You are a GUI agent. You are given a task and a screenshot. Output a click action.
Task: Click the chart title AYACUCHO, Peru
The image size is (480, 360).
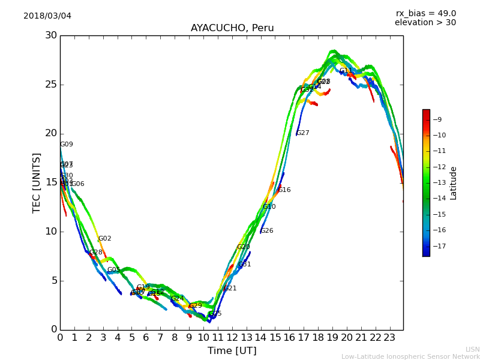click(x=232, y=28)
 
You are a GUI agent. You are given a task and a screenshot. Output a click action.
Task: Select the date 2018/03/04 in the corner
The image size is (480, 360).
click(x=47, y=16)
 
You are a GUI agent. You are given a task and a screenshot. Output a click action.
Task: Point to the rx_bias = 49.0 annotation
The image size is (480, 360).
click(x=425, y=13)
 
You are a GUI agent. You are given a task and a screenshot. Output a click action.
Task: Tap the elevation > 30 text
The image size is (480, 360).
click(x=425, y=23)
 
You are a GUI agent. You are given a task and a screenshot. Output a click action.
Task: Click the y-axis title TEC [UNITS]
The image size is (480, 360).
click(x=37, y=182)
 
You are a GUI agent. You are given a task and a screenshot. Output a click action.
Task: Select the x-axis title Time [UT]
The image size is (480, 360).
click(x=232, y=350)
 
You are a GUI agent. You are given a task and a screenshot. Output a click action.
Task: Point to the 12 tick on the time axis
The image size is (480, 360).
click(x=232, y=337)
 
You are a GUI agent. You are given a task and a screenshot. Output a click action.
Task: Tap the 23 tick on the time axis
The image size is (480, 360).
click(x=389, y=337)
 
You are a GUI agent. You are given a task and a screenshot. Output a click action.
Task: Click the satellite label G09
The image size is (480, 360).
click(x=67, y=145)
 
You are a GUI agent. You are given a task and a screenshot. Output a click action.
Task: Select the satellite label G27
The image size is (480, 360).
click(x=303, y=133)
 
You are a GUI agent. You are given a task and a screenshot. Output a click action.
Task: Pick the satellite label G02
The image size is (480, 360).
click(x=105, y=239)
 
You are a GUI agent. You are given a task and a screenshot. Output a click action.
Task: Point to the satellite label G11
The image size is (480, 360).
click(x=346, y=71)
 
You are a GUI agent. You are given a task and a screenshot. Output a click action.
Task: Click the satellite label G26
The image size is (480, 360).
click(x=267, y=231)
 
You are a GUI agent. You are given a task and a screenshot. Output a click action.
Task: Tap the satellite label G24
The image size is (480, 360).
click(x=178, y=298)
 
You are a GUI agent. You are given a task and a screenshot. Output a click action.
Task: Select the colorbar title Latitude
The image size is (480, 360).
click(x=454, y=183)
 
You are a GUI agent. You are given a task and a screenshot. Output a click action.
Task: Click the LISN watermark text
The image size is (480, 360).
click(x=472, y=349)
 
